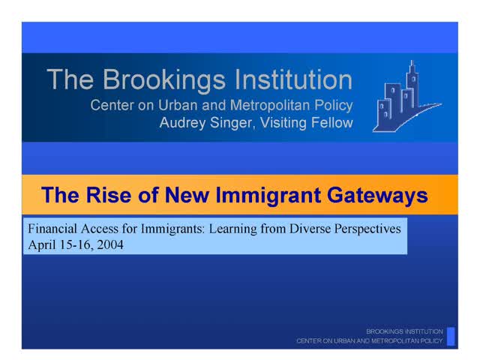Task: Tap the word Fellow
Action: click(x=330, y=123)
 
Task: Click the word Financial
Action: click(x=52, y=228)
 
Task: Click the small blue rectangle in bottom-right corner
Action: click(x=451, y=334)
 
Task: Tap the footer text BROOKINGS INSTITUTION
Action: click(x=405, y=331)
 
